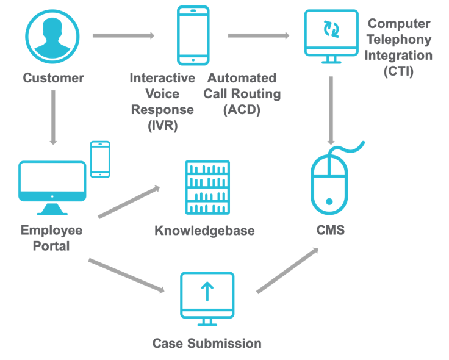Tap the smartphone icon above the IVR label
[193, 36]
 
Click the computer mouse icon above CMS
[329, 184]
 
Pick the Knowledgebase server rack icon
[207, 187]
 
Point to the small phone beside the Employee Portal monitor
[100, 159]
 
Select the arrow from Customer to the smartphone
[123, 36]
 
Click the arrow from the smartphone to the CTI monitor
[258, 36]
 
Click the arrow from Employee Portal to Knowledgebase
[129, 201]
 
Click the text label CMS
[330, 230]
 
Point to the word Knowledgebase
[204, 231]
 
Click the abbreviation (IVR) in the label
[162, 125]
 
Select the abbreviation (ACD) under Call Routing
[242, 110]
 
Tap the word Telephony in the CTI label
[400, 40]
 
